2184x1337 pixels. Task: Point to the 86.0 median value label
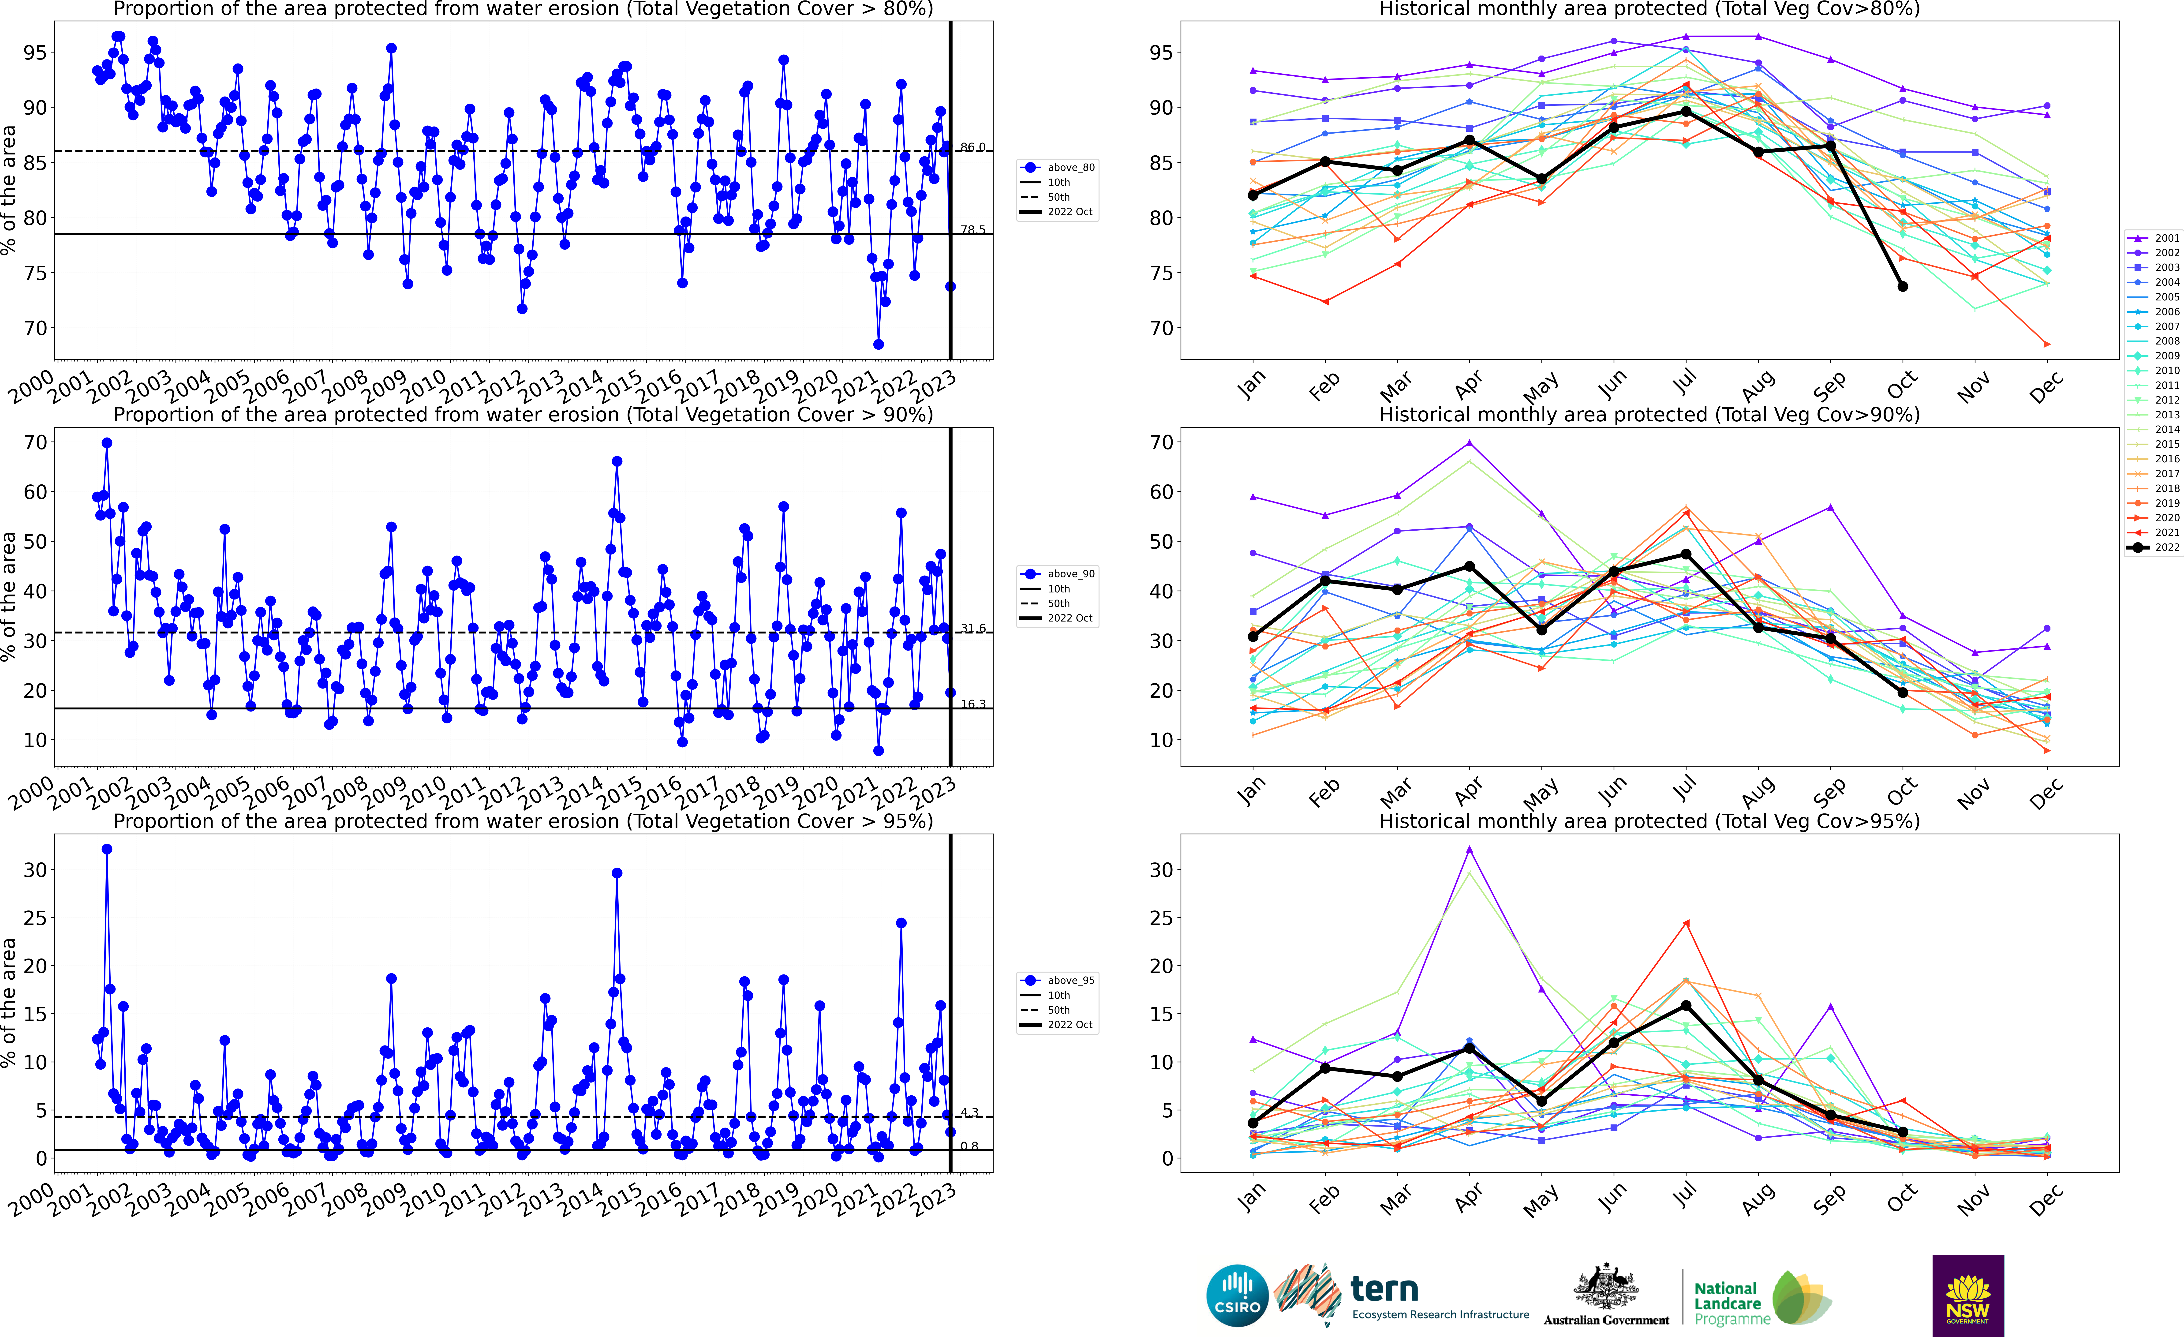point(972,147)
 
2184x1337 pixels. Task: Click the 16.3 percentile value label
point(972,704)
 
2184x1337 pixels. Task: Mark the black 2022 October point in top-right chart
point(1902,286)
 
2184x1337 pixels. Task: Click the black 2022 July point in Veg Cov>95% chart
point(1686,1005)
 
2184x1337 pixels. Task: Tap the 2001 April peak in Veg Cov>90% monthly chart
point(1470,443)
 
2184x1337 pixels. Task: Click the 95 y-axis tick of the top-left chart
point(35,52)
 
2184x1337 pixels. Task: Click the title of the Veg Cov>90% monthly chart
point(1649,415)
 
